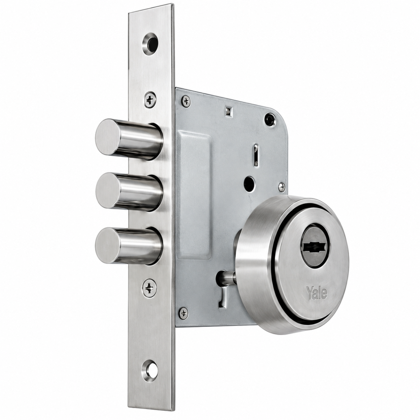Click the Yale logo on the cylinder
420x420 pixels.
pos(317,293)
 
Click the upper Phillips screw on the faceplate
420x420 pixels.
pos(150,100)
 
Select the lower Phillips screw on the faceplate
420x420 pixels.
pos(149,288)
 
